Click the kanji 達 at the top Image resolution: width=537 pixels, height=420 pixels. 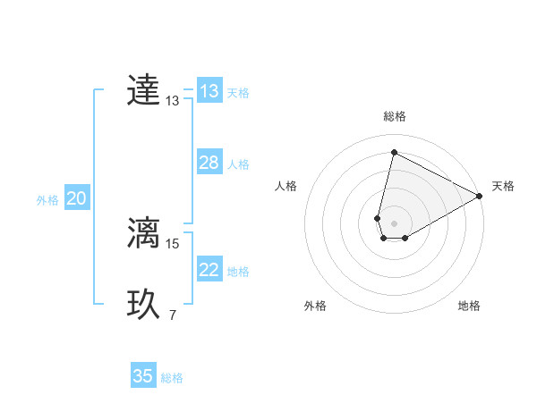coord(143,91)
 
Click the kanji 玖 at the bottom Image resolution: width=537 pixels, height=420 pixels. coord(143,305)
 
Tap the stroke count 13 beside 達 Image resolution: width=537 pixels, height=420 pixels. coord(172,102)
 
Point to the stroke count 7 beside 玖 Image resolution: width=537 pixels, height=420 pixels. coord(172,315)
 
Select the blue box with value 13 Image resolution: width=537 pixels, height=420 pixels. coord(209,91)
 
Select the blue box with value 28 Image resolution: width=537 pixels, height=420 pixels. coord(209,163)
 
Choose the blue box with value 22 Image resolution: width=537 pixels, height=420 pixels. coord(209,270)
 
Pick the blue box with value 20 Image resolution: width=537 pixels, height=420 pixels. coord(76,198)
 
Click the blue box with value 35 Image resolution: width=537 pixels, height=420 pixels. coord(143,376)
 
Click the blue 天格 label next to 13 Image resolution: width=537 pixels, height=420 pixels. coord(237,92)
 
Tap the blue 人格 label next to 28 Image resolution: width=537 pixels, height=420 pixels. coord(237,164)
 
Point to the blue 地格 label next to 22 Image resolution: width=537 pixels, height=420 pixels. coord(237,271)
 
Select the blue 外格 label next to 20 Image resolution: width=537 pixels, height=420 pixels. coord(47,200)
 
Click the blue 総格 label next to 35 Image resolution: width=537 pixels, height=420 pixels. coord(172,377)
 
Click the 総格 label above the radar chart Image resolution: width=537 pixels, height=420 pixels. coord(394,116)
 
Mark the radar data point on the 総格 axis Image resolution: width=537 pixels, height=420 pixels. coord(394,152)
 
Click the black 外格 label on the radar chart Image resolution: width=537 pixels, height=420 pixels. coord(315,306)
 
